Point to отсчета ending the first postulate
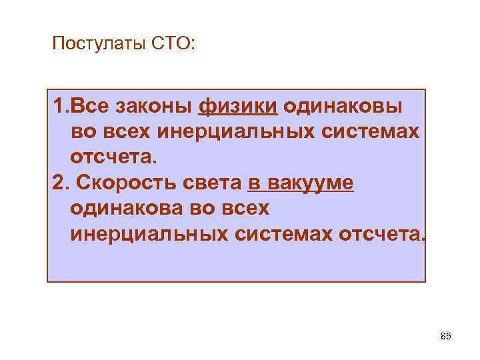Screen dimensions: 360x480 pos(111,158)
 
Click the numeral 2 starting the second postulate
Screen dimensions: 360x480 pos(57,183)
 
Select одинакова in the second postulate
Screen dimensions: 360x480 pos(127,209)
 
